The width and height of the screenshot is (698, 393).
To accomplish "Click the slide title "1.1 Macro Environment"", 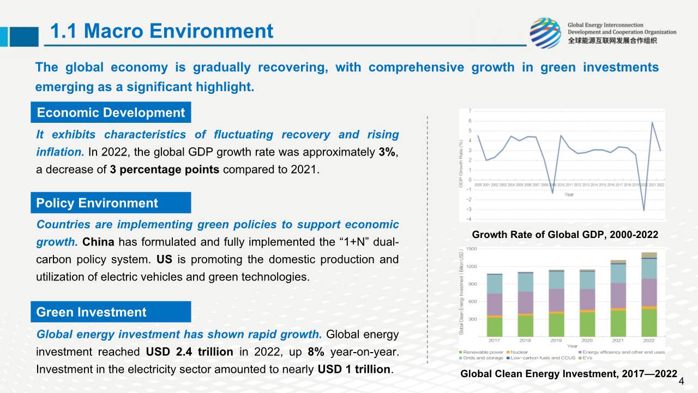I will point(161,31).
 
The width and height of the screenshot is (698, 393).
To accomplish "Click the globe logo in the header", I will point(545,33).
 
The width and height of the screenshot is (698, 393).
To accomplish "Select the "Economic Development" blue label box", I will point(111,113).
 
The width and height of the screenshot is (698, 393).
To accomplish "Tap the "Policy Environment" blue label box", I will point(111,203).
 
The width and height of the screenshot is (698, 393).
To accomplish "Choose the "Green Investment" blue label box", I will point(111,312).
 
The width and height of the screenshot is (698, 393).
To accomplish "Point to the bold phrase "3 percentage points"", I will point(165,169).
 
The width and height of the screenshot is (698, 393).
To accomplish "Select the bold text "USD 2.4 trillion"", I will point(190,352).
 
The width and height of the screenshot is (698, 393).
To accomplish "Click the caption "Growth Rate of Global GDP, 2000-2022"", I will point(565,235).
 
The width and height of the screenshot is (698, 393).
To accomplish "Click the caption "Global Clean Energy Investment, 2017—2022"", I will point(569,374).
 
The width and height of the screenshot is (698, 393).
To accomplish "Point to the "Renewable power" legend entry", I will point(482,352).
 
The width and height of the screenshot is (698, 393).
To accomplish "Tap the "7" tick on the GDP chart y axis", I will point(470,111).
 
